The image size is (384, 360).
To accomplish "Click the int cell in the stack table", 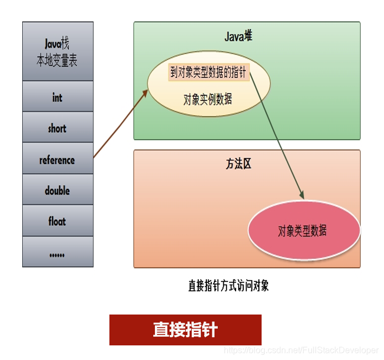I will tap(57, 97).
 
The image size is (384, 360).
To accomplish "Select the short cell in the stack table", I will tap(57, 128).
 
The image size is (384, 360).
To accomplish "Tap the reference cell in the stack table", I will tap(57, 160).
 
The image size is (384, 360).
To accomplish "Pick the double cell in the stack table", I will tap(57, 191).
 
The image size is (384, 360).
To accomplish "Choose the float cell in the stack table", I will tap(57, 221).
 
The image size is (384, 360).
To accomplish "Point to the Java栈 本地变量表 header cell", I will tap(57, 52).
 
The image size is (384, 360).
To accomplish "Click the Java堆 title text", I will tap(238, 37).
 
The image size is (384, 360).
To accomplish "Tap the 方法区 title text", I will tap(239, 164).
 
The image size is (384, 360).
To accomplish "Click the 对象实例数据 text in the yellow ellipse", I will tap(208, 99).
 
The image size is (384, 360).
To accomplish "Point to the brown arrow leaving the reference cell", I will tap(120, 125).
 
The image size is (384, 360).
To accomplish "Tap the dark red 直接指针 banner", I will tap(185, 330).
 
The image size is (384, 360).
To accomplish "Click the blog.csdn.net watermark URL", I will tap(301, 351).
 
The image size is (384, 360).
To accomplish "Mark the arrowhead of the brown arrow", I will tap(145, 93).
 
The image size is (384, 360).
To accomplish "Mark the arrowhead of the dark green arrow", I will tap(301, 194).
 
